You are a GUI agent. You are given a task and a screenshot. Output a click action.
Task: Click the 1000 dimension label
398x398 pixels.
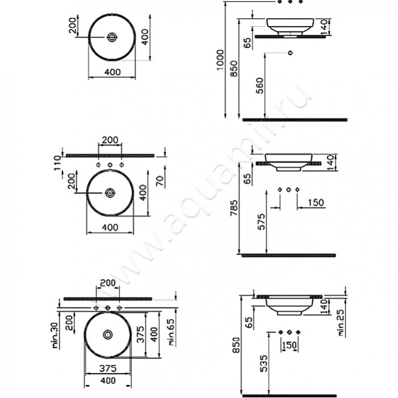(220, 60)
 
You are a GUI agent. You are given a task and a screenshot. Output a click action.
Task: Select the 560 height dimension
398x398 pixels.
(260, 86)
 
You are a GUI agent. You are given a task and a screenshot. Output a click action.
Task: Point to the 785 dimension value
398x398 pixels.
(234, 208)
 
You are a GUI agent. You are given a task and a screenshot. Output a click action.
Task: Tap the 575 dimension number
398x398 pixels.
(261, 222)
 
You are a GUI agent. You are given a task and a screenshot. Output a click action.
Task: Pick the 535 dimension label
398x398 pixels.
(264, 363)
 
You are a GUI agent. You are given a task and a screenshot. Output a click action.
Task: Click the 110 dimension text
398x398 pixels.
(57, 163)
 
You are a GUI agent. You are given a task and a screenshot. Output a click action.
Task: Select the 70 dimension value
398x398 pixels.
(160, 181)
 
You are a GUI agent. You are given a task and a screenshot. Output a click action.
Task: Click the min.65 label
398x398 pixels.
(171, 332)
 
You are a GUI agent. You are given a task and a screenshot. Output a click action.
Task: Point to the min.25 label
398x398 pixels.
(341, 322)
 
